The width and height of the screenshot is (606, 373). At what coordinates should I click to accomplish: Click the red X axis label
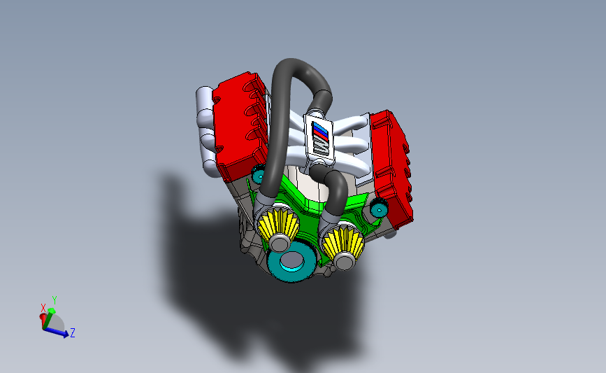coord(43,308)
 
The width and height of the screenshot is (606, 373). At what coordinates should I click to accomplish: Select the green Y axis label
coord(55,300)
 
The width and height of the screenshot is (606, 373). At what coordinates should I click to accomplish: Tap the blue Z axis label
coord(72,332)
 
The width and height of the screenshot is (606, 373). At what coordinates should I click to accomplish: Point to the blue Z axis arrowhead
coord(65,332)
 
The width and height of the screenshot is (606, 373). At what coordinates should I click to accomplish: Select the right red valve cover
coord(391,169)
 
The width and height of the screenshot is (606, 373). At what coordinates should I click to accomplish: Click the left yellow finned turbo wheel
coord(278,225)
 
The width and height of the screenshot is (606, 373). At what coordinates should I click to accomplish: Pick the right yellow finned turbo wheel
coord(342,242)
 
